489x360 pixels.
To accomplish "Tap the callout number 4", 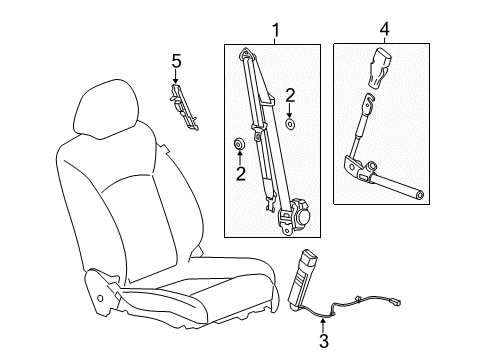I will [x=385, y=31].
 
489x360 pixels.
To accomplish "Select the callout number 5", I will [x=176, y=63].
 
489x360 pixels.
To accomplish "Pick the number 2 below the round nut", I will [x=240, y=173].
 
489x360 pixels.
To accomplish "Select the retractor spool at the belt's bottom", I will [x=301, y=215].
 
